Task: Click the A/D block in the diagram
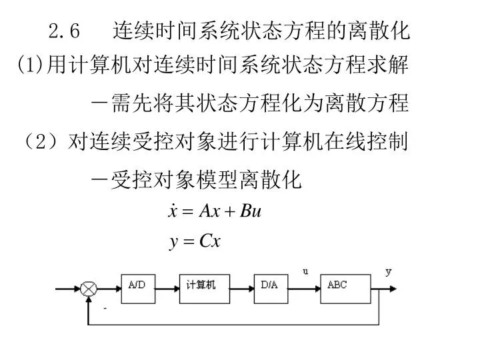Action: pyautogui.click(x=138, y=289)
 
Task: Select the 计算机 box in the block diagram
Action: pyautogui.click(x=205, y=289)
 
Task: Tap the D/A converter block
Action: pyautogui.click(x=271, y=289)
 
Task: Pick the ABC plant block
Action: pyautogui.click(x=345, y=289)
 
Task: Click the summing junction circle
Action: pyautogui.click(x=89, y=289)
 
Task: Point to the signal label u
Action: pyautogui.click(x=305, y=271)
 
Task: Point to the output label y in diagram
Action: pyautogui.click(x=389, y=272)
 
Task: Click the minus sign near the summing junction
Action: pyautogui.click(x=105, y=308)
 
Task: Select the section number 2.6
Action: pyautogui.click(x=64, y=31)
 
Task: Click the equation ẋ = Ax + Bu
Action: pyautogui.click(x=215, y=211)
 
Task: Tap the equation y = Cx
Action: pyautogui.click(x=195, y=241)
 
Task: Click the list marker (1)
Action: pyautogui.click(x=30, y=64)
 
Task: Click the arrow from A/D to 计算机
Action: pyautogui.click(x=167, y=289)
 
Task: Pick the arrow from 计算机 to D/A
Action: pyautogui.click(x=242, y=289)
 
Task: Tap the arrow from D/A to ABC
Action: pyautogui.click(x=304, y=289)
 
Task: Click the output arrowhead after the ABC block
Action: pyautogui.click(x=393, y=289)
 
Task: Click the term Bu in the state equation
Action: pyautogui.click(x=251, y=211)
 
